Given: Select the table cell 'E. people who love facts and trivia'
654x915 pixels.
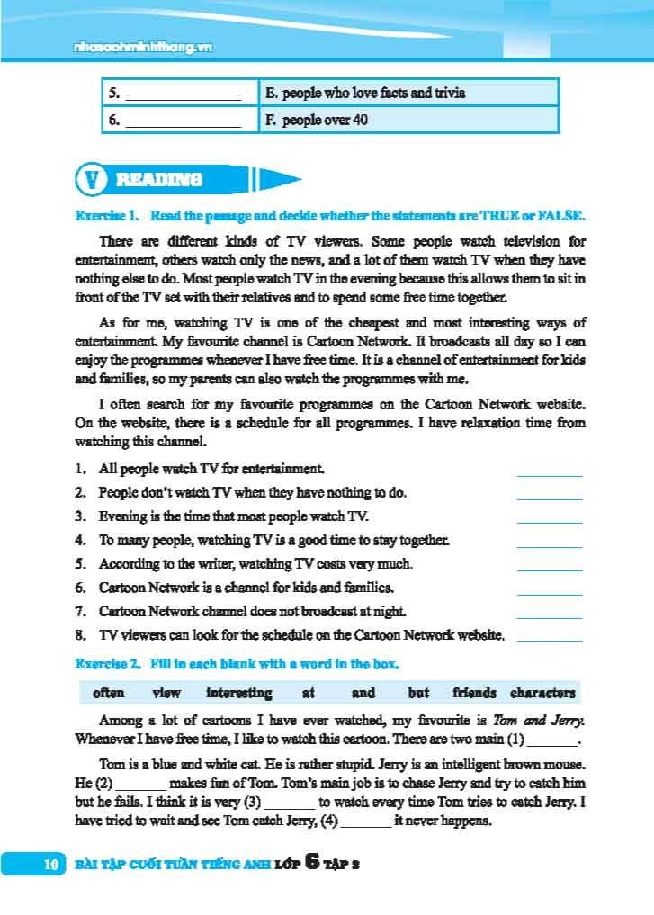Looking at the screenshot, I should pyautogui.click(x=365, y=93).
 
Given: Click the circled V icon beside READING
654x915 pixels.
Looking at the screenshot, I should pyautogui.click(x=91, y=180).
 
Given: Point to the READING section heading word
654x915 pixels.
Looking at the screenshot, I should pyautogui.click(x=159, y=180).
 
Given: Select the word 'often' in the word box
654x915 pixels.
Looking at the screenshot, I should pyautogui.click(x=108, y=693).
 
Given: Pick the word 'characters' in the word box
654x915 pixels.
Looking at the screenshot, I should pyautogui.click(x=542, y=693).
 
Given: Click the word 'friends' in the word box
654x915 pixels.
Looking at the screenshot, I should pyautogui.click(x=474, y=693).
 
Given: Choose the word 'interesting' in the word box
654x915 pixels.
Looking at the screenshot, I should pyautogui.click(x=238, y=693).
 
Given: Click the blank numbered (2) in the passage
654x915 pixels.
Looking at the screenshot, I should pyautogui.click(x=142, y=784).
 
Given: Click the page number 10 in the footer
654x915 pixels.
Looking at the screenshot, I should pyautogui.click(x=50, y=865).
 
